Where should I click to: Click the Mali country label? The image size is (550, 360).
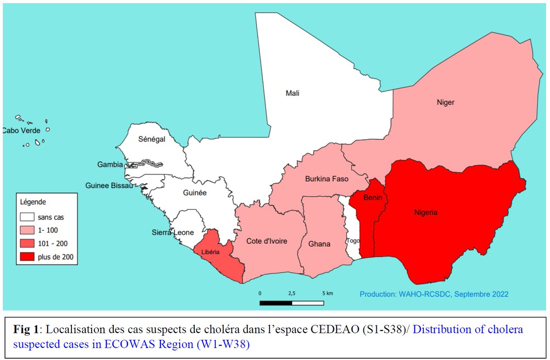(x=292, y=93)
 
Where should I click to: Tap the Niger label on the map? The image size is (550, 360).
(x=445, y=102)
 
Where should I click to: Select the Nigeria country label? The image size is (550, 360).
(x=425, y=213)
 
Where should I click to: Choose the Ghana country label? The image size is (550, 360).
(x=319, y=244)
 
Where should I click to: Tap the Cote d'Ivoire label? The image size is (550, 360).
(x=267, y=241)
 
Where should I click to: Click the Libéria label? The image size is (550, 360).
(x=210, y=251)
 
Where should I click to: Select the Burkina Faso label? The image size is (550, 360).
(x=327, y=179)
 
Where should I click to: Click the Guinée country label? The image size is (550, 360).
(x=194, y=193)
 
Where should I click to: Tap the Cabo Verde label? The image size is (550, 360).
(x=21, y=131)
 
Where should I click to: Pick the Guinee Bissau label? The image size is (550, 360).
(x=109, y=185)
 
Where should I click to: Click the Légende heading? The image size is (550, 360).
(x=33, y=202)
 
